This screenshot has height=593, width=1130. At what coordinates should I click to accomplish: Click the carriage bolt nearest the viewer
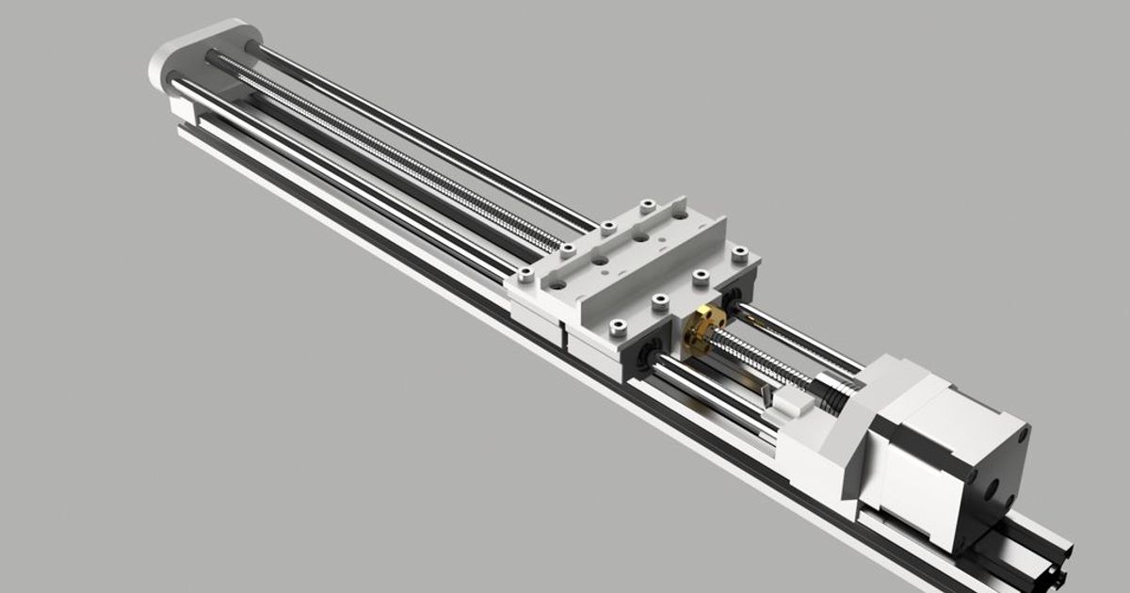pos(617,327)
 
